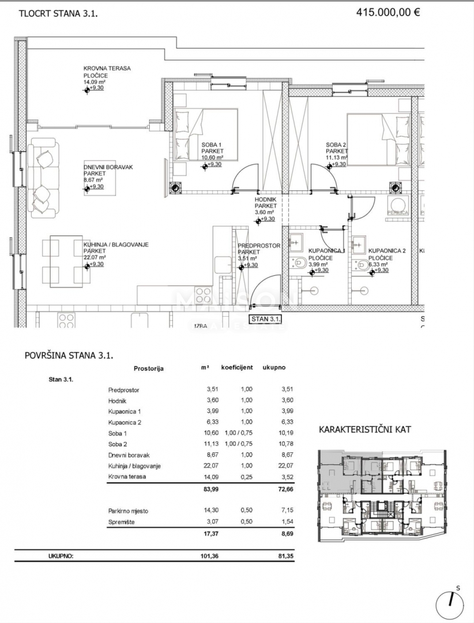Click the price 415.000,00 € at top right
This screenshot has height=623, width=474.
coord(388,13)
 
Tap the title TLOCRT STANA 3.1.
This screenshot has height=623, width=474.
coord(58,14)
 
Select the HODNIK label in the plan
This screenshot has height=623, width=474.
coord(266,199)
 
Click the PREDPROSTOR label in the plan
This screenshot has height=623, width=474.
coord(259,246)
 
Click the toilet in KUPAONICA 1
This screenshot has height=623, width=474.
coord(299,264)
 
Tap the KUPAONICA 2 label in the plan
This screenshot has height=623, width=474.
coord(388,251)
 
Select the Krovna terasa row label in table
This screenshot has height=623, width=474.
coord(126,476)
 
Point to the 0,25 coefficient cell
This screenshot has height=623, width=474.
coord(246,476)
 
